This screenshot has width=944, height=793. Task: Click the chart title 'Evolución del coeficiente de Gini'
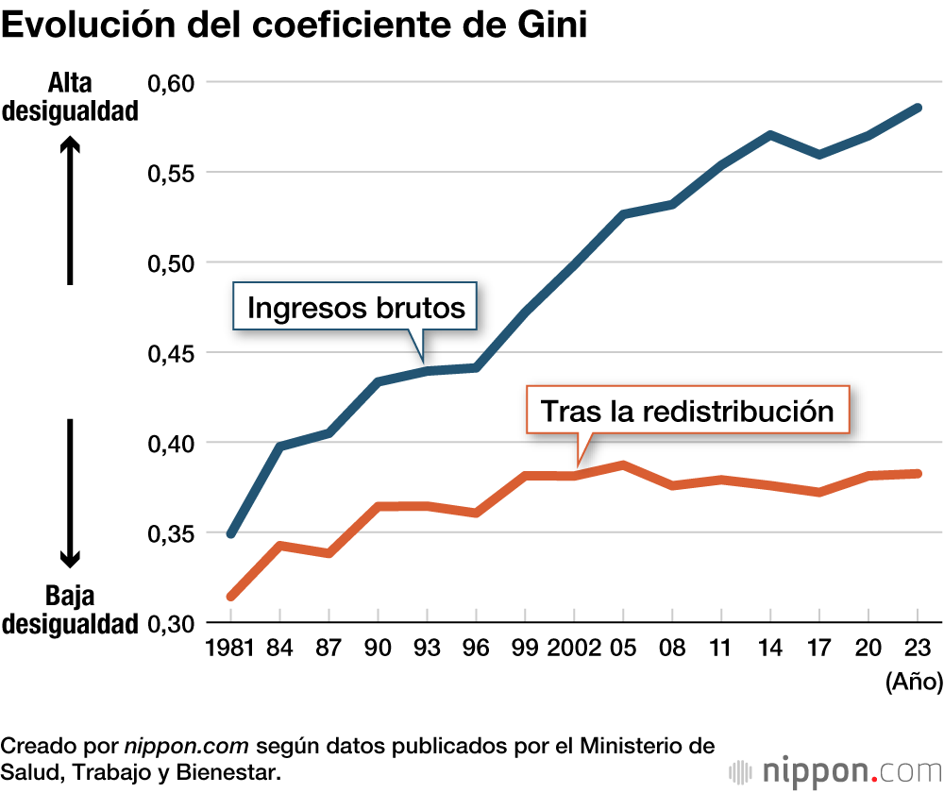pos(295,25)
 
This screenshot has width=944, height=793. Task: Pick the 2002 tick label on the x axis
pos(573,649)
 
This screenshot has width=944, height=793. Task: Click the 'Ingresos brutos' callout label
pos(356,307)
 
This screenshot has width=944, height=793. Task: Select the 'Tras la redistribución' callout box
pos(687,411)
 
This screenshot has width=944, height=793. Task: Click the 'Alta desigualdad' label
pos(70,97)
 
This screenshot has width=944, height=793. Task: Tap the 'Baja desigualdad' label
pos(70,610)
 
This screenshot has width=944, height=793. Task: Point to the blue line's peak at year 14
pos(771,135)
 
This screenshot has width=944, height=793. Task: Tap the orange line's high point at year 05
pos(623,464)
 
